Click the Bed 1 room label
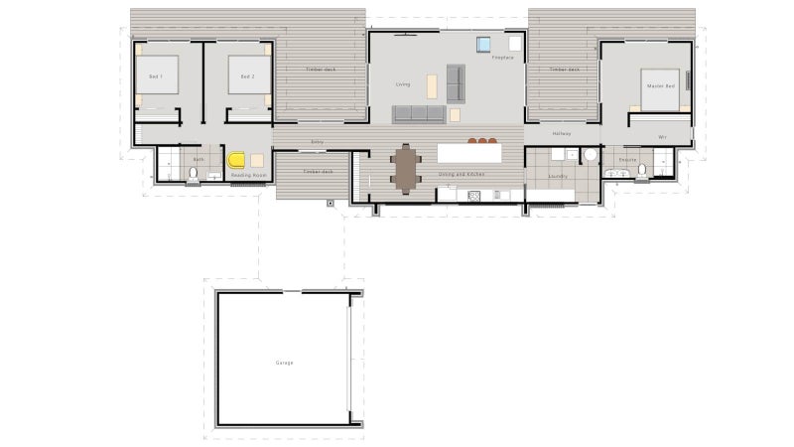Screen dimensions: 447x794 [x=155, y=76]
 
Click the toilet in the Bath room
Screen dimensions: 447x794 [x=193, y=175]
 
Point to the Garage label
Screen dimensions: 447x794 [x=285, y=363]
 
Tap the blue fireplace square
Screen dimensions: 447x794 [x=483, y=44]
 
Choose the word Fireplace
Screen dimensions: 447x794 [x=503, y=59]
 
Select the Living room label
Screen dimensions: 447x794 [x=403, y=84]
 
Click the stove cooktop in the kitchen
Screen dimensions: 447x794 [x=474, y=195]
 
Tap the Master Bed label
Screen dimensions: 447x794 [x=661, y=86]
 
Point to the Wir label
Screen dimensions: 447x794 [x=661, y=137]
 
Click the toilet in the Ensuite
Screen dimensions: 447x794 [x=641, y=171]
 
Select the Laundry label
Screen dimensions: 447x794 [x=558, y=176]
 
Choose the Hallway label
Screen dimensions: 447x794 [x=562, y=134]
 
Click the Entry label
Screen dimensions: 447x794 [x=318, y=142]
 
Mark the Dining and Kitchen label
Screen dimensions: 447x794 [x=462, y=174]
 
